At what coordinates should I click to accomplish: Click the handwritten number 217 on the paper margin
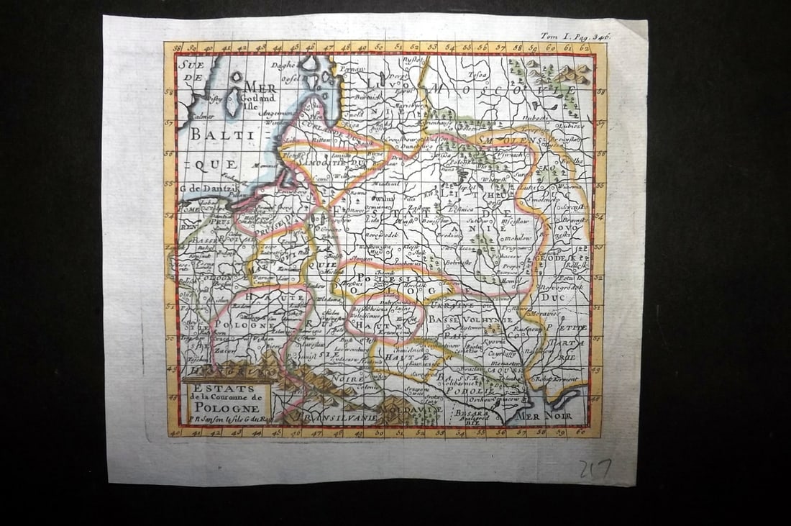click(x=595, y=468)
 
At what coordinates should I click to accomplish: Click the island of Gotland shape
click(x=234, y=103)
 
